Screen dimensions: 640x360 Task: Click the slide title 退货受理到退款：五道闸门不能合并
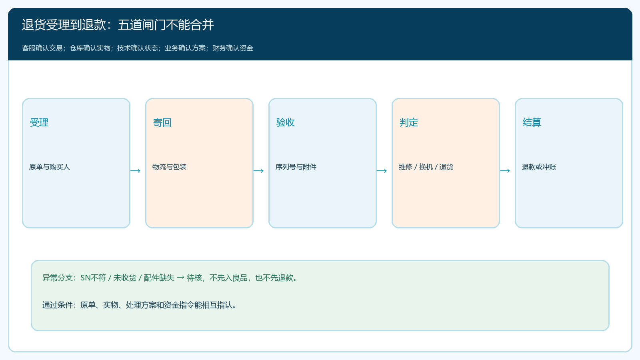click(118, 24)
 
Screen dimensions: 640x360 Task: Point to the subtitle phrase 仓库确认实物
click(90, 48)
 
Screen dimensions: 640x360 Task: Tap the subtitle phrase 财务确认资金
click(232, 48)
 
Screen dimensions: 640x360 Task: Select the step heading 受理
click(39, 122)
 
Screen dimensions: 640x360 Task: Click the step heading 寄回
click(162, 122)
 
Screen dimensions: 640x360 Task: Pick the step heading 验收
click(286, 122)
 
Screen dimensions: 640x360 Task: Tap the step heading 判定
click(408, 122)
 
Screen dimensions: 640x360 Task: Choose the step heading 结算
click(532, 122)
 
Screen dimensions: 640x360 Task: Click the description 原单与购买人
click(50, 167)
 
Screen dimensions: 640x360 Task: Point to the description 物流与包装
click(169, 167)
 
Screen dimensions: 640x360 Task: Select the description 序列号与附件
click(296, 167)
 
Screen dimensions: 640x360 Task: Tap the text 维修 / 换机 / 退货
click(426, 167)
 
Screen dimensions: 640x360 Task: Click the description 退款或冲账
click(539, 167)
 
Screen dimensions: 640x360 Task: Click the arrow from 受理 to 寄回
click(136, 171)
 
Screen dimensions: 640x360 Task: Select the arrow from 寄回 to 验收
click(258, 171)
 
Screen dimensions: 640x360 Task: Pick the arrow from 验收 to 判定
click(382, 171)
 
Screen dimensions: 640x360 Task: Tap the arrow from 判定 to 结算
click(505, 171)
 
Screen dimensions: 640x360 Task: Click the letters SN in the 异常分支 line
click(86, 278)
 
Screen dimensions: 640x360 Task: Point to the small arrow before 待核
click(180, 278)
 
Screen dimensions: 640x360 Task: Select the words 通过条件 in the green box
click(58, 305)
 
